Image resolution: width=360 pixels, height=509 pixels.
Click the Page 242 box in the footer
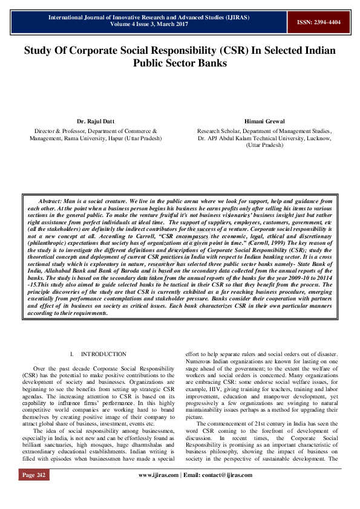pos(34,492)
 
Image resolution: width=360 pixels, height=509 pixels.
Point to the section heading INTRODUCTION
pos(103,354)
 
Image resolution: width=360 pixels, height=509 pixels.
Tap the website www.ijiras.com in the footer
pos(159,492)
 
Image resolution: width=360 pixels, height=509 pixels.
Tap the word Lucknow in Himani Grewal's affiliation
pos(316,138)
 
